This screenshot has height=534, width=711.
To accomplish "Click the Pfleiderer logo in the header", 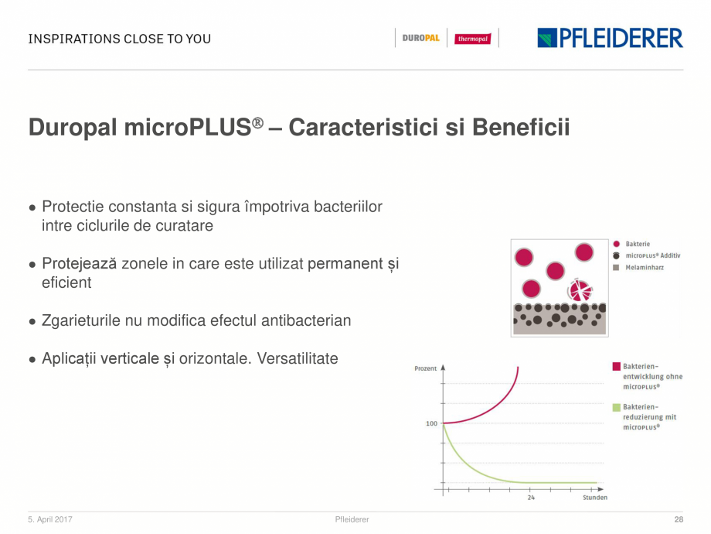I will pos(610,38).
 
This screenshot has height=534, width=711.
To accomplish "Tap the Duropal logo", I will pos(420,38).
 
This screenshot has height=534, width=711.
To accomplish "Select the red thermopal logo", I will pos(472,39).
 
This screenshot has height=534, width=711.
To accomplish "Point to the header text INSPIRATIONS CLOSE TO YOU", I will pos(119,39).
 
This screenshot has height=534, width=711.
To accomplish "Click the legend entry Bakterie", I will pos(638,243).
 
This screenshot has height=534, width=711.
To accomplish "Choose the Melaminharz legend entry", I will pos(645,267).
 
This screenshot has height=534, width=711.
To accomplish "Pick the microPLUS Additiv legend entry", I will pos(652,255).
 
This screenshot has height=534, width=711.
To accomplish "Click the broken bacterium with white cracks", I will pos(579,290).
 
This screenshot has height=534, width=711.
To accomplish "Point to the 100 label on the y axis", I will pos(430,423).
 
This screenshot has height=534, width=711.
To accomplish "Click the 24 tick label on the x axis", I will pos(531,498).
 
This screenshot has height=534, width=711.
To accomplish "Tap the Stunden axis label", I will pos(594,498).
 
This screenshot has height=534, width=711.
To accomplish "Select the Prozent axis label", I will pos(425,368).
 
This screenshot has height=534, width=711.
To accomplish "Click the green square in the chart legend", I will pos(616,407).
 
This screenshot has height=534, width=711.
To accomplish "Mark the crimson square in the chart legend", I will pos(616,366).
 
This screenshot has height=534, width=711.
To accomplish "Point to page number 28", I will pos(678,519).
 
